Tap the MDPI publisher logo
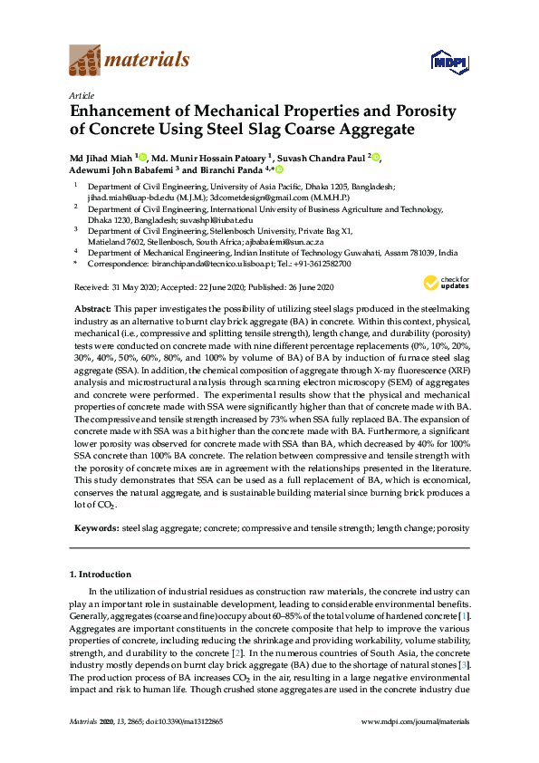coord(450,62)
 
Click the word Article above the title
coord(82,94)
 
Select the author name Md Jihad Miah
coord(101,158)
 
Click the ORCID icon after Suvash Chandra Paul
coord(375,158)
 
